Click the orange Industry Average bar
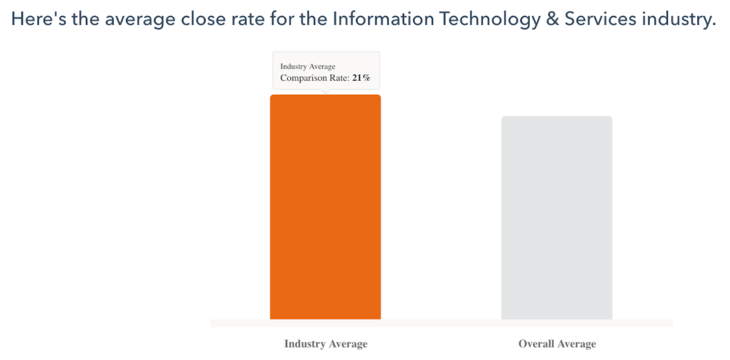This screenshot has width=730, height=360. pyautogui.click(x=325, y=207)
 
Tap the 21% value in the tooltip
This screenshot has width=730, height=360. pyautogui.click(x=361, y=78)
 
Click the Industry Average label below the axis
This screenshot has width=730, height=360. pyautogui.click(x=325, y=344)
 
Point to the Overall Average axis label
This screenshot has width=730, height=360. pyautogui.click(x=557, y=344)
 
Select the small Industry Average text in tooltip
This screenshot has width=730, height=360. pyautogui.click(x=308, y=66)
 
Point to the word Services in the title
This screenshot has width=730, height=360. pyautogui.click(x=599, y=19)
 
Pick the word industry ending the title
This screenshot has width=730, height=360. pyautogui.click(x=678, y=19)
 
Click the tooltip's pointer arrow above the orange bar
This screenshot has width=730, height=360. pyautogui.click(x=325, y=92)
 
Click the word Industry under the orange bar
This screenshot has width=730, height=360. pyautogui.click(x=304, y=344)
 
